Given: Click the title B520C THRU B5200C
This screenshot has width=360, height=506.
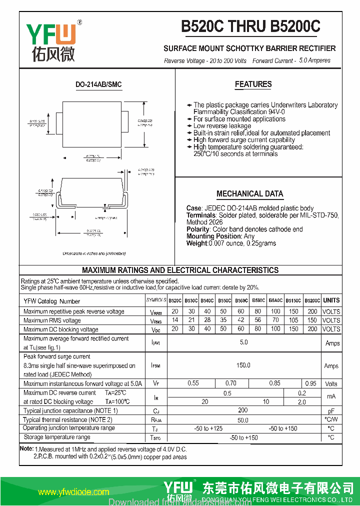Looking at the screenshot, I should [250, 26].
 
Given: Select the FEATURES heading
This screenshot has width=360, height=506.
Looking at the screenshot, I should [253, 84].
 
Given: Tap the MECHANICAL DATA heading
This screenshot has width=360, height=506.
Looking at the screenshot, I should [249, 194].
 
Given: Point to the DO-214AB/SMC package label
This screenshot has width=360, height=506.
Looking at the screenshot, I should [98, 84].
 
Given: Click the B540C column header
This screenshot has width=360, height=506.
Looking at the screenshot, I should [207, 300].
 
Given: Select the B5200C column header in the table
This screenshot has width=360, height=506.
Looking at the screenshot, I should [312, 300].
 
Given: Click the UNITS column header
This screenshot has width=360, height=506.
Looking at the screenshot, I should [331, 300].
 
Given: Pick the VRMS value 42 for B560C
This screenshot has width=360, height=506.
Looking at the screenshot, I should [241, 320].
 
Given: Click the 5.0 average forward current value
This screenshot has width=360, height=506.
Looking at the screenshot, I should [243, 342].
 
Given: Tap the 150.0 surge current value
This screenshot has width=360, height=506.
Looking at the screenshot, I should [243, 365].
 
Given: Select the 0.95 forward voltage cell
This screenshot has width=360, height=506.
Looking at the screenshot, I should [310, 383].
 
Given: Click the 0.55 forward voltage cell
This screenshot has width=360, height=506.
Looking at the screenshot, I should [193, 383].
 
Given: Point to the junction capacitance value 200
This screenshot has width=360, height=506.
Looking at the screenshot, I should [243, 410].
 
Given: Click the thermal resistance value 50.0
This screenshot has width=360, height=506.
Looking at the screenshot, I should [243, 420].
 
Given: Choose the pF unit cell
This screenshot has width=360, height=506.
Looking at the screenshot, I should [331, 410].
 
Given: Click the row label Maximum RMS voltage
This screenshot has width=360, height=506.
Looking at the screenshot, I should [52, 320].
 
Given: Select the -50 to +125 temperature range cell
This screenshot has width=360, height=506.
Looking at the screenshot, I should [208, 428].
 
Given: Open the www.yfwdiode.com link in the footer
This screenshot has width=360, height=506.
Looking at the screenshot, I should [73, 492].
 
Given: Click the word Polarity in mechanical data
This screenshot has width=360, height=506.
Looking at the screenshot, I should [198, 229].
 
